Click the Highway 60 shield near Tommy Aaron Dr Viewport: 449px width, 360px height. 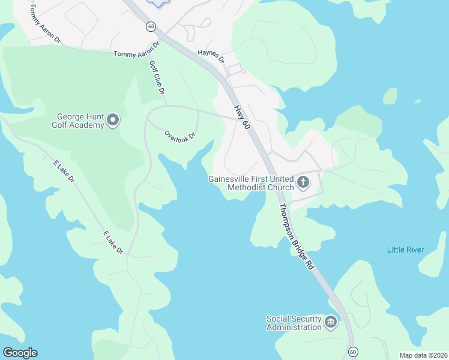[151, 27]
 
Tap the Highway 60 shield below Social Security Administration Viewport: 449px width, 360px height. [352, 351]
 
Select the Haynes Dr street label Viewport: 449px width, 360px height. [211, 56]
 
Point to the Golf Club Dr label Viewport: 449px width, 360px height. [157, 76]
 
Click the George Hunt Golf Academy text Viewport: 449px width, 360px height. [80, 121]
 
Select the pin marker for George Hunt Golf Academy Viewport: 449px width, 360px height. [113, 121]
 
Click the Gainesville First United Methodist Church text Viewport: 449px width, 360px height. [250, 183]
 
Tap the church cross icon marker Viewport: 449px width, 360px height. [303, 182]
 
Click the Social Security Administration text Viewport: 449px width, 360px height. [294, 323]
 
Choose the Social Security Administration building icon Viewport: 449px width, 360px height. [331, 323]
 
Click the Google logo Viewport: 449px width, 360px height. [20, 353]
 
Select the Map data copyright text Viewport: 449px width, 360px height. [423, 355]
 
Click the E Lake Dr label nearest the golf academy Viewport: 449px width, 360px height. [64, 171]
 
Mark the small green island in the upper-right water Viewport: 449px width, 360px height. [390, 95]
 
